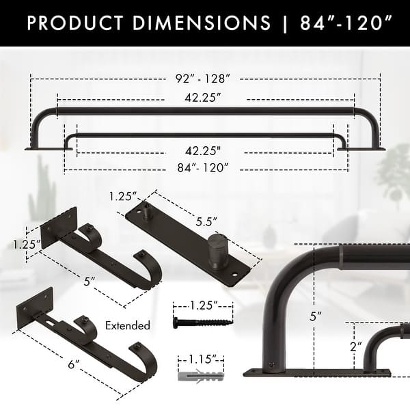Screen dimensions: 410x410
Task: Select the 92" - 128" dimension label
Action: tap(206, 79)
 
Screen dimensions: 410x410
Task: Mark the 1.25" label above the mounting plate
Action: tap(122, 197)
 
